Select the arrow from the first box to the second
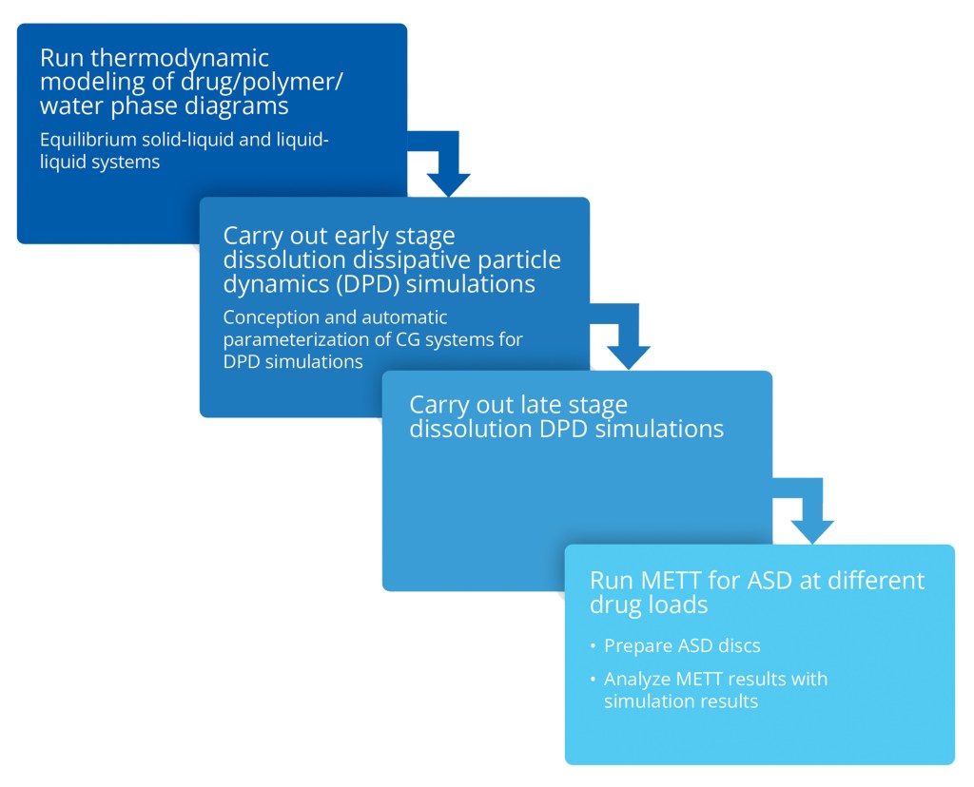coord(447,167)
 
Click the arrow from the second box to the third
coord(627,342)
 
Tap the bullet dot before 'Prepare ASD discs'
coord(593,646)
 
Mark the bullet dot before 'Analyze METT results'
coord(593,680)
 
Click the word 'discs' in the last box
coord(738,646)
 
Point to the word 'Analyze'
coord(635,680)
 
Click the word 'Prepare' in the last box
coord(637,646)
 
